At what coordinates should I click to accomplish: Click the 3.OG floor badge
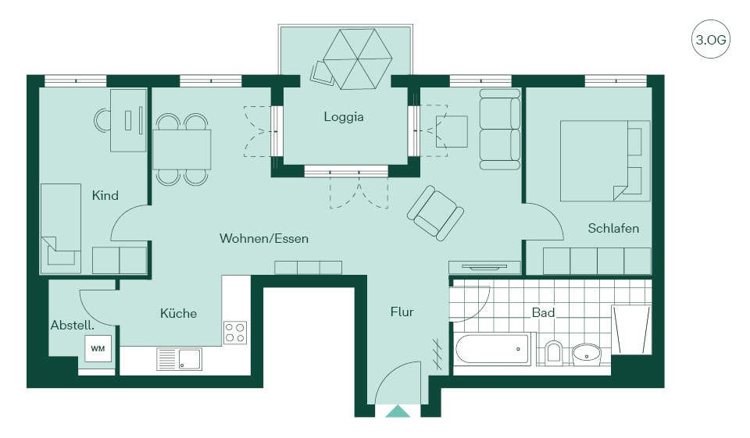point(710,39)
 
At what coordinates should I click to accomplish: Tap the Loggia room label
point(344,116)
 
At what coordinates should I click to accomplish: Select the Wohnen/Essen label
point(263,238)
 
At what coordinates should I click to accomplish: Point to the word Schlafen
point(613,228)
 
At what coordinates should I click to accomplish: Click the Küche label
point(178,313)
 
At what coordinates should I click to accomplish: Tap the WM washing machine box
point(98,348)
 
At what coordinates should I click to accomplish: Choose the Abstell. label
point(72,325)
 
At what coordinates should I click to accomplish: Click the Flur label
point(402,312)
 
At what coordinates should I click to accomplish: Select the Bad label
point(544,313)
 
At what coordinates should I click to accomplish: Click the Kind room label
point(105,195)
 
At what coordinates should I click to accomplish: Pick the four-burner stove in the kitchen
point(235,333)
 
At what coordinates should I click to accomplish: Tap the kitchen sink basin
point(190,359)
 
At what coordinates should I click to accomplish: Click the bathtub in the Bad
point(493,349)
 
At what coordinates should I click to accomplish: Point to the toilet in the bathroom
point(554,352)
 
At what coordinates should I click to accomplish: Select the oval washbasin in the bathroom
point(587,354)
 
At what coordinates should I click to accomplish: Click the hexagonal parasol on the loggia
point(357,59)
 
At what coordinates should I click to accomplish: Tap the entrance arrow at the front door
point(398,411)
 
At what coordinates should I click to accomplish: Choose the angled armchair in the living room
point(435,213)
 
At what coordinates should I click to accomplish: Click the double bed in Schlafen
point(605,161)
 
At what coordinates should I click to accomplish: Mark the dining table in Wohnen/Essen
point(182,150)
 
